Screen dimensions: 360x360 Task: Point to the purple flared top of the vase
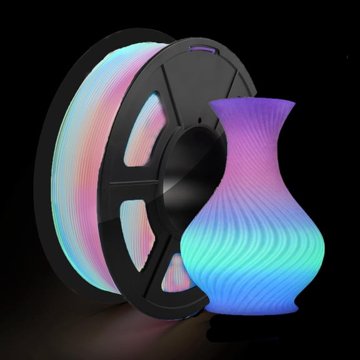click(x=247, y=116)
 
